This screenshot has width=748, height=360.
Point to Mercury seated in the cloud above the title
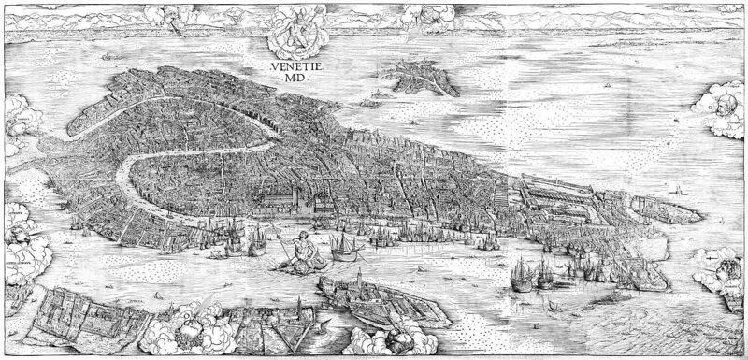(291, 32)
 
